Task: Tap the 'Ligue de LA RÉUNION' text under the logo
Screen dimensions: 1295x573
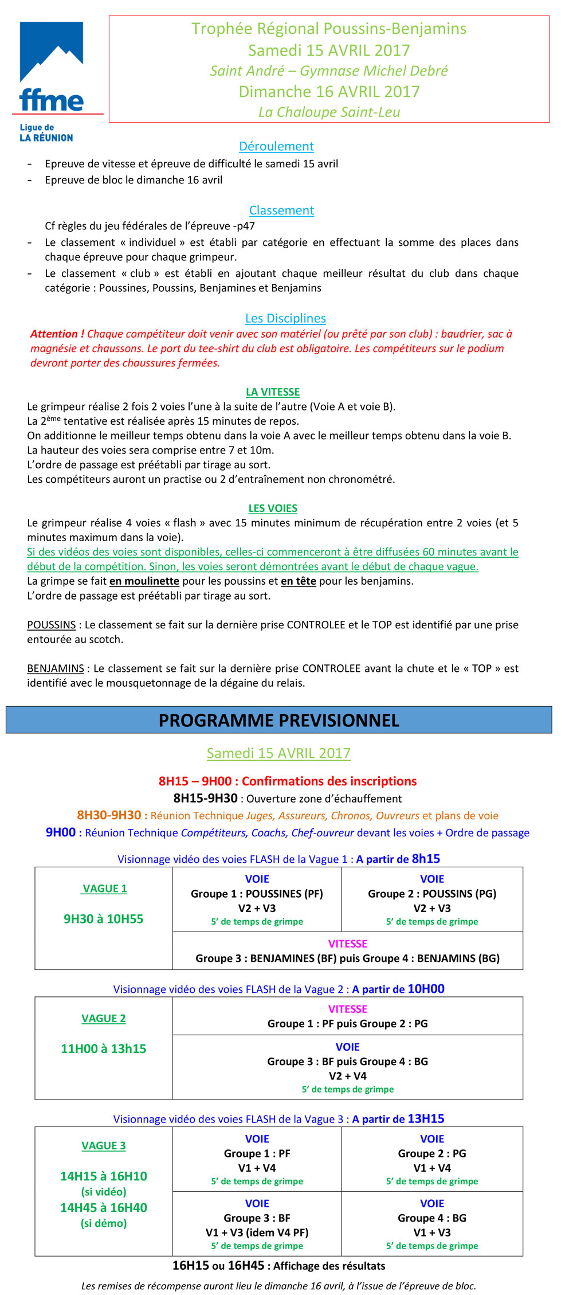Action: (46, 132)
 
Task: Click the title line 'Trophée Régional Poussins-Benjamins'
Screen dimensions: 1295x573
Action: (329, 29)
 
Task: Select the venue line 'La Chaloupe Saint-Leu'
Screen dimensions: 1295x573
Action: (329, 112)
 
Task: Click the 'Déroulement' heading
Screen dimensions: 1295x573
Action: (276, 146)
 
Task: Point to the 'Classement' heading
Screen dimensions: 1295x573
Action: (281, 210)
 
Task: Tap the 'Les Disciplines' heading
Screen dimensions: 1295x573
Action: (285, 318)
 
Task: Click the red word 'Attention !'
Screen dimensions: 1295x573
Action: (57, 334)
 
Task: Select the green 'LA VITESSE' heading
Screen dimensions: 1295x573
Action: (273, 392)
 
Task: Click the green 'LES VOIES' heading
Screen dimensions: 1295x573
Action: (273, 508)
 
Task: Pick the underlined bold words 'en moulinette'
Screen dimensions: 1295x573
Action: (144, 581)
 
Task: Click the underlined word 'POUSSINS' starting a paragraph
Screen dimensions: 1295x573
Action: (52, 625)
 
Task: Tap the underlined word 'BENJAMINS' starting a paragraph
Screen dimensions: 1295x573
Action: (56, 668)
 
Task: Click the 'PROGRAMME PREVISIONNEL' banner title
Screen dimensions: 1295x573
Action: (279, 720)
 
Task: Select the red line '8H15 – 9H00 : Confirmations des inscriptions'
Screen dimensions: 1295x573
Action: (288, 781)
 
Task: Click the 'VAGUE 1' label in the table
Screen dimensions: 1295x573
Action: (104, 889)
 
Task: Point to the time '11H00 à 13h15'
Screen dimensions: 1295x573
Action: (104, 1048)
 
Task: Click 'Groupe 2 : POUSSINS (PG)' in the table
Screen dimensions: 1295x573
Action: (432, 894)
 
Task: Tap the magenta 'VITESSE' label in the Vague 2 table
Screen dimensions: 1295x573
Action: (348, 1009)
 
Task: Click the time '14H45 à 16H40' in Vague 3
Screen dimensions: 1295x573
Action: (104, 1207)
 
